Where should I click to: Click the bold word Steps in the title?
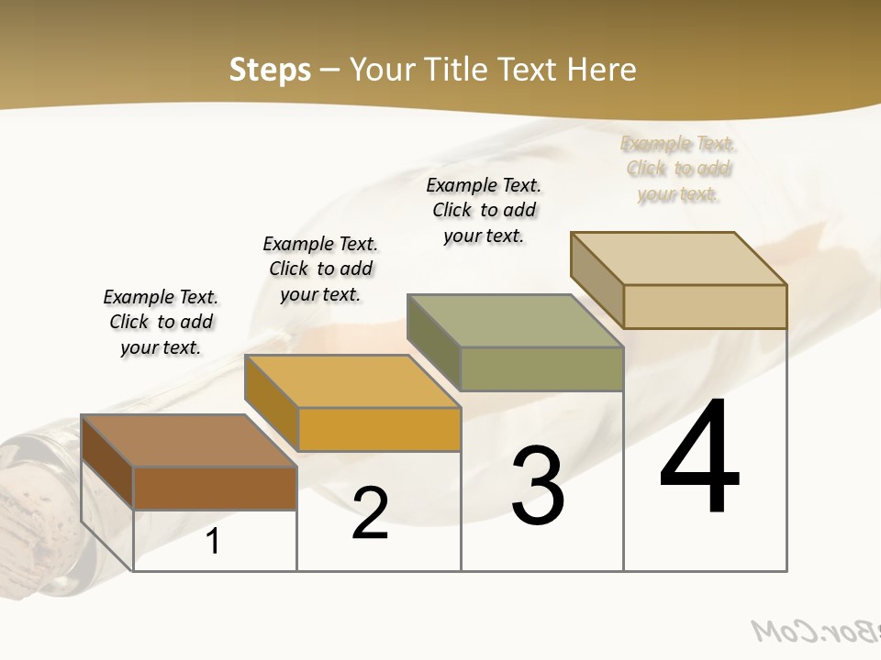click(270, 71)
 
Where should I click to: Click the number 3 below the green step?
click(538, 486)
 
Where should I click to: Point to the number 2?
click(370, 513)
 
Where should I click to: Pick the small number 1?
click(213, 542)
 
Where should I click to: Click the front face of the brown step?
click(215, 488)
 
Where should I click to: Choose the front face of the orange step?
click(379, 429)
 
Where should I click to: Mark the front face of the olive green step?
click(541, 368)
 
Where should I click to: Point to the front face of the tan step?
click(705, 306)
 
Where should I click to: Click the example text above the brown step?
click(161, 322)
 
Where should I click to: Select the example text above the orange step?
click(320, 269)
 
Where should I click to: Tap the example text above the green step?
click(484, 210)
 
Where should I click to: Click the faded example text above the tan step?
click(678, 169)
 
